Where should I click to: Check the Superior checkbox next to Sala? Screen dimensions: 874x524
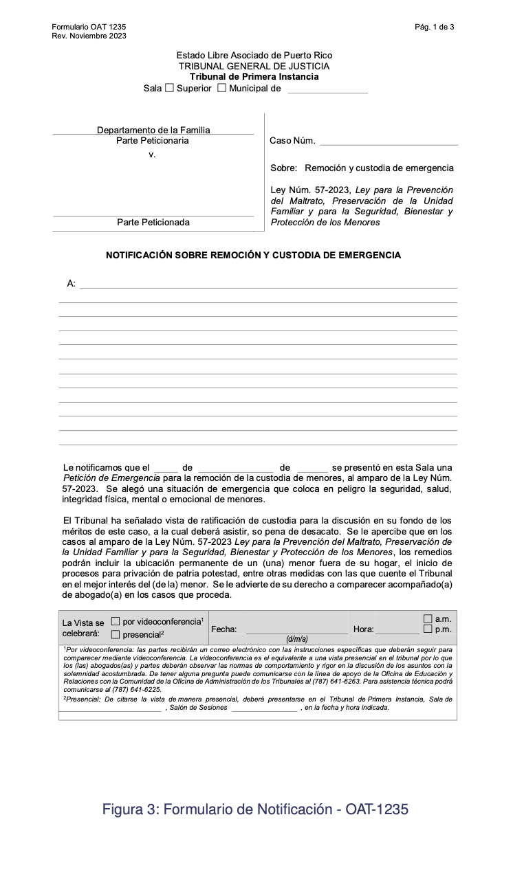(169, 88)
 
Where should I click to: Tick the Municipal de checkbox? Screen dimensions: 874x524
(221, 88)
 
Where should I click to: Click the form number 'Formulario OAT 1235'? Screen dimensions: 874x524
(89, 27)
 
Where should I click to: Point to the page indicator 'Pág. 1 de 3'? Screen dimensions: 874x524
(434, 27)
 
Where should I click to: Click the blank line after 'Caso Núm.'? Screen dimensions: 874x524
(389, 142)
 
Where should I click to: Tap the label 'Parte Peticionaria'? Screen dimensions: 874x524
(152, 141)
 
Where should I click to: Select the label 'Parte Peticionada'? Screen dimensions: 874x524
(153, 223)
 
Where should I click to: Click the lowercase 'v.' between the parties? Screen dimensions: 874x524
(152, 155)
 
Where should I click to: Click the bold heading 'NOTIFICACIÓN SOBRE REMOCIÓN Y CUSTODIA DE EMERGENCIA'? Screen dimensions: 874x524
(253, 255)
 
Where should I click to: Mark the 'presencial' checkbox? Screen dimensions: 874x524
(116, 634)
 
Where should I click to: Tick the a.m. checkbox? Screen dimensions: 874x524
(428, 619)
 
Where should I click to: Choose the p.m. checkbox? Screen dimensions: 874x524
(428, 629)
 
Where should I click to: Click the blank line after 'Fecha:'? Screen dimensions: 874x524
(296, 629)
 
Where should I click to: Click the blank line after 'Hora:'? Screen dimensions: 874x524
(397, 629)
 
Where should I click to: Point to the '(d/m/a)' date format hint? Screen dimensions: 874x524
(296, 639)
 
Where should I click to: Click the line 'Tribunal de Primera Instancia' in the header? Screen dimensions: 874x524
(254, 77)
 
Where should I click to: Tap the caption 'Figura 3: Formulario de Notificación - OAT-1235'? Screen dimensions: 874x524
(255, 809)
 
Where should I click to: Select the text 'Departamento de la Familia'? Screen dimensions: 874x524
(153, 130)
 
